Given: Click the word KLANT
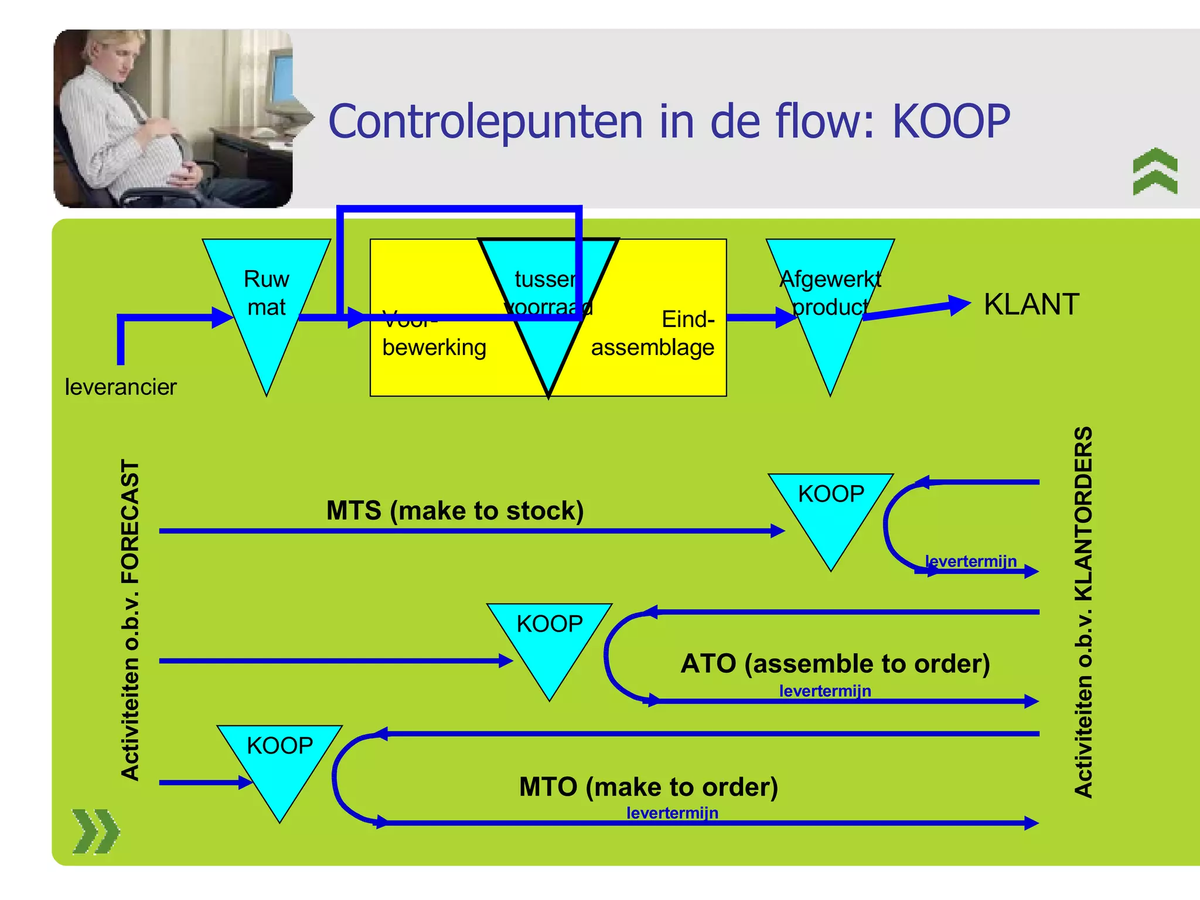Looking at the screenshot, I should tap(1031, 305).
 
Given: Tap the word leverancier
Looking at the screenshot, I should tap(120, 387).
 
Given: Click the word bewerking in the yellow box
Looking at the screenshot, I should tap(434, 347).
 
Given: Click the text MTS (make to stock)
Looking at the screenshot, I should tap(455, 510).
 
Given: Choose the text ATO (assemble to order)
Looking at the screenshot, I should tap(835, 664).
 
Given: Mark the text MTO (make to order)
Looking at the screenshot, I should tap(648, 787).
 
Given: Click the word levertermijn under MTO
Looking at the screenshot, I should tap(672, 813).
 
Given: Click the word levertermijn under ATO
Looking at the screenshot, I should tap(824, 691).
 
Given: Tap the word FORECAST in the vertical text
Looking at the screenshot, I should tap(130, 522).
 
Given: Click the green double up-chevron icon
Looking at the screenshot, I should tap(1155, 171).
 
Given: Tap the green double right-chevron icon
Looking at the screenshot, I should tap(96, 831).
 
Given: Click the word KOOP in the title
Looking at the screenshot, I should tap(951, 121).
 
